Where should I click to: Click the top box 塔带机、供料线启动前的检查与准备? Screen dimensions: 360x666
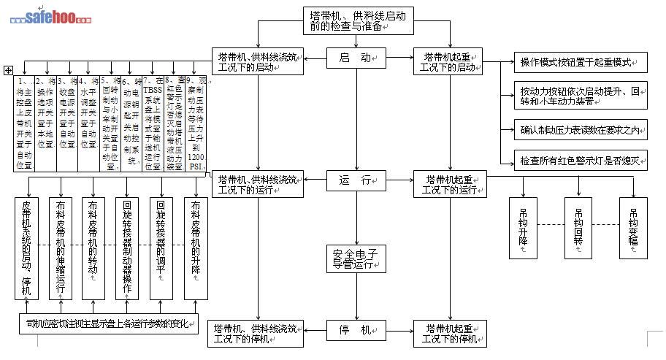[x=355, y=20]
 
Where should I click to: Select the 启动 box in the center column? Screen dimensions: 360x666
[x=356, y=57]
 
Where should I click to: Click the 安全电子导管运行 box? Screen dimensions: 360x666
[x=356, y=258]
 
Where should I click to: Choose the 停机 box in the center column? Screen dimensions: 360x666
[x=356, y=329]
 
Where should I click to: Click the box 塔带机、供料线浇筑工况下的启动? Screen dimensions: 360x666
[x=257, y=62]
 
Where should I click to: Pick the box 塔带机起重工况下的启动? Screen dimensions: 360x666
[x=449, y=62]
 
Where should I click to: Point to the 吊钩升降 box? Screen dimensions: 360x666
[x=524, y=227]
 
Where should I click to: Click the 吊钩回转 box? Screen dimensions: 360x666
[x=578, y=227]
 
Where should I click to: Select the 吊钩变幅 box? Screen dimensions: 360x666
[x=633, y=227]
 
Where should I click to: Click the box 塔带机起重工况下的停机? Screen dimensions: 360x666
[x=449, y=333]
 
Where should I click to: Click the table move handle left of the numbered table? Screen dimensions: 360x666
[x=8, y=70]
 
